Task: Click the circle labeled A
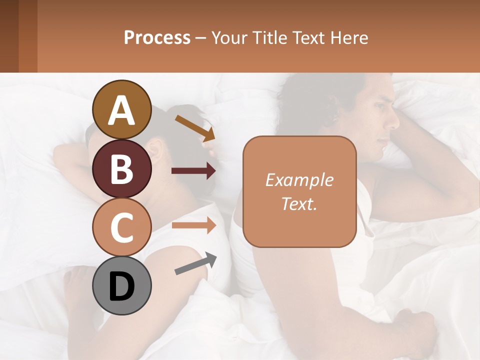[x=122, y=109]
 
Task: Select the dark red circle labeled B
[x=122, y=168]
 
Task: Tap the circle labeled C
[x=122, y=227]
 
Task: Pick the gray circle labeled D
[x=122, y=286]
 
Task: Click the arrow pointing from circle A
[x=195, y=128]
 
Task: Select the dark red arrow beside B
[x=193, y=171]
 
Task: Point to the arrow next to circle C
[x=193, y=225]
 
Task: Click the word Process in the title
[x=157, y=37]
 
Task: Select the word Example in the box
[x=299, y=180]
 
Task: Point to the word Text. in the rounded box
[x=299, y=203]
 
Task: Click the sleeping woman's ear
[x=155, y=149]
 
